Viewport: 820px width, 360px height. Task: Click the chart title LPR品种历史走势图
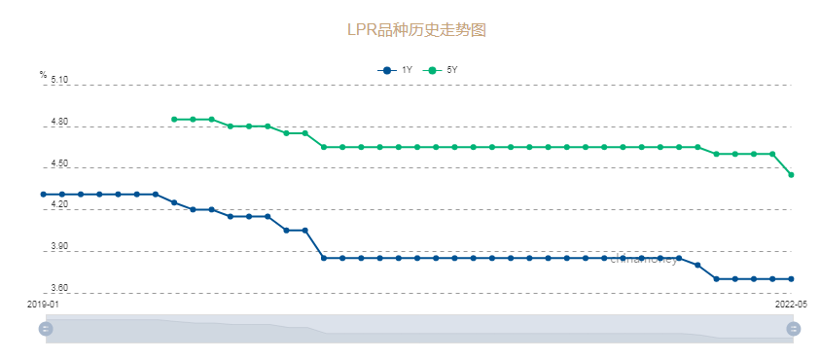[x=416, y=30]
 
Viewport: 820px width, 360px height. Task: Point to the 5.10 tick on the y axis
[x=59, y=81]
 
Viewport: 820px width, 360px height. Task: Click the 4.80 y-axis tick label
[x=59, y=123]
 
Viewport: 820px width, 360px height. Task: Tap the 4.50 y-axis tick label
[x=59, y=163]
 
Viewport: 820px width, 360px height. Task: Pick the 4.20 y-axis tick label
[x=59, y=205]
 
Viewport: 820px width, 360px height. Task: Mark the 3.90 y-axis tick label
[x=59, y=247]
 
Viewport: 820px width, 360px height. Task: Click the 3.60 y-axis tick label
[x=59, y=289]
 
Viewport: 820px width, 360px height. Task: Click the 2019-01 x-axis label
[x=44, y=305]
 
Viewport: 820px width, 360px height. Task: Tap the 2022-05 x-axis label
[x=791, y=305]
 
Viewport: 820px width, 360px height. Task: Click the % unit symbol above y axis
[x=43, y=75]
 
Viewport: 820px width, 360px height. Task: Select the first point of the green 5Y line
[x=174, y=120]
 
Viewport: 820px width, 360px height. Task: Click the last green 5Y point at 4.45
[x=791, y=175]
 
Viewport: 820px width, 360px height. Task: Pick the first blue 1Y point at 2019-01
[x=44, y=195]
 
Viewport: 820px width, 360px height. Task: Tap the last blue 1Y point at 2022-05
[x=791, y=279]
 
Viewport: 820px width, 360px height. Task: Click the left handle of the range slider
[x=46, y=329]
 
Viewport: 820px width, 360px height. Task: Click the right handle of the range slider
[x=793, y=329]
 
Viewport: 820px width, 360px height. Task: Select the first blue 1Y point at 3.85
[x=324, y=258]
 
